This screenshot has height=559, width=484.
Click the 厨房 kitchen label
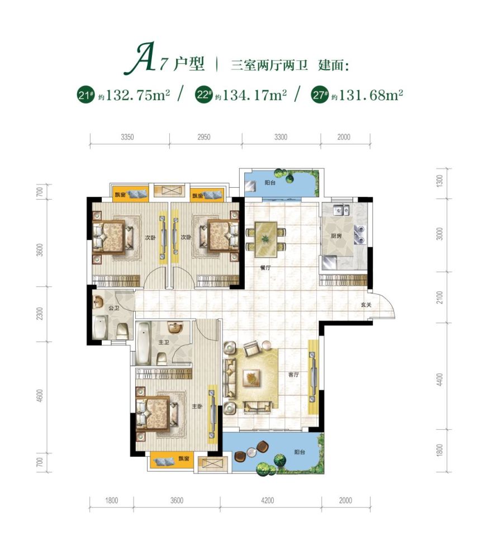(336, 236)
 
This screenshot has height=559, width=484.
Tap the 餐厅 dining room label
(265, 267)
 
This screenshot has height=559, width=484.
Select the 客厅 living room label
(293, 375)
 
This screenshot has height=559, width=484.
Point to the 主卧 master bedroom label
(197, 406)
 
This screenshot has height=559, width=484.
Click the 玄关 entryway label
(366, 305)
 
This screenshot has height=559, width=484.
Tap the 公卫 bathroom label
(113, 307)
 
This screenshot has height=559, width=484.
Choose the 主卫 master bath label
(164, 342)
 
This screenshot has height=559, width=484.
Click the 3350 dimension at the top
(127, 137)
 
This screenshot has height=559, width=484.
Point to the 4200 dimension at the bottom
(267, 500)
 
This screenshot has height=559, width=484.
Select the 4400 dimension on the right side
(440, 380)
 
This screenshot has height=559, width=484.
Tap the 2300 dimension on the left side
(40, 314)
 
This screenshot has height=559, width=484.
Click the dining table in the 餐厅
(266, 240)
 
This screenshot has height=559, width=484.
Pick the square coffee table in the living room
(252, 378)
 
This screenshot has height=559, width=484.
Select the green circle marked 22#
(203, 95)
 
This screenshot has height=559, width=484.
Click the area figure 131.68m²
(371, 95)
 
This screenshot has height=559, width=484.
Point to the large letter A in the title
(140, 58)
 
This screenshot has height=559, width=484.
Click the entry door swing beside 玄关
(383, 305)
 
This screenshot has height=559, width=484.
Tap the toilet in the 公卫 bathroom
(122, 331)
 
